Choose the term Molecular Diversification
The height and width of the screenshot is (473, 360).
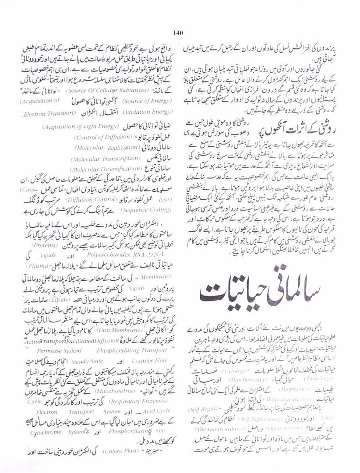coord(100,169)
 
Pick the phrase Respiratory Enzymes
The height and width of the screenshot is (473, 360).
coord(95,401)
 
